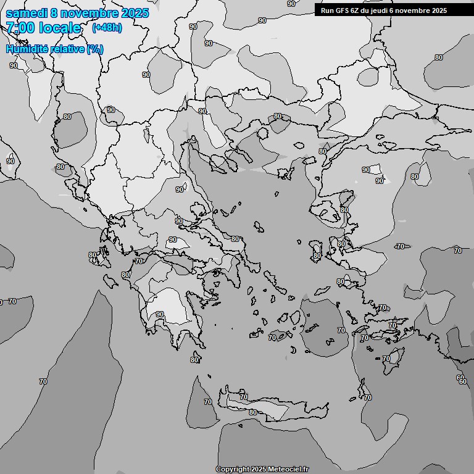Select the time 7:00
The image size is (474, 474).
click(x=19, y=28)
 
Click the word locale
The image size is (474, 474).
click(x=60, y=28)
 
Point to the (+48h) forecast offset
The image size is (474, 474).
click(x=107, y=28)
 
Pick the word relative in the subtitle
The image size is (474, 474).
click(x=67, y=49)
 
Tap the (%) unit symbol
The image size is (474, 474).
click(x=95, y=49)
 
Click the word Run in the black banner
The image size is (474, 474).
click(x=327, y=10)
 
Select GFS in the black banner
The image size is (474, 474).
click(x=343, y=10)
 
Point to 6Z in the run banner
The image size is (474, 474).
click(x=357, y=10)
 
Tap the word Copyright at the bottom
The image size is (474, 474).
click(x=232, y=470)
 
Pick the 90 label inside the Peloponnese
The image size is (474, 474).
click(x=160, y=314)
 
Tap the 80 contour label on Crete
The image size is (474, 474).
click(x=252, y=412)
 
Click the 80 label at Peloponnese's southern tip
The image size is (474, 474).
click(x=194, y=360)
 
